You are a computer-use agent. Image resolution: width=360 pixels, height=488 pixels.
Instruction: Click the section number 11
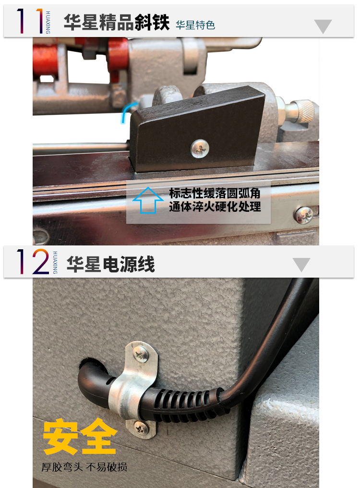click(x=30, y=21)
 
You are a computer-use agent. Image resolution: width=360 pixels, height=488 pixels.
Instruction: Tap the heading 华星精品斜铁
click(x=117, y=22)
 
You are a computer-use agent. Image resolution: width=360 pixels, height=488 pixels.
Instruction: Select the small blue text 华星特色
click(x=195, y=25)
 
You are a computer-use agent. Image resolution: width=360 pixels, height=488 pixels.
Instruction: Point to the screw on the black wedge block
click(x=200, y=148)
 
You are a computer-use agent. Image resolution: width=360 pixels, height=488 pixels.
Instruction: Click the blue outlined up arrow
click(x=148, y=200)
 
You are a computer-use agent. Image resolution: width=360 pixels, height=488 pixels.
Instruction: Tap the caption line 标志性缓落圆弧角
click(x=215, y=193)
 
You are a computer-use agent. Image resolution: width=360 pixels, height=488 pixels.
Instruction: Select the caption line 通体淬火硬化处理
click(x=215, y=207)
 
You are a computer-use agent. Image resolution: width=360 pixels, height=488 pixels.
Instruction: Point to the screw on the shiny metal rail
click(x=304, y=215)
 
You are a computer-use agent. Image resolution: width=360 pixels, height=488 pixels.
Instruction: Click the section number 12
click(x=33, y=261)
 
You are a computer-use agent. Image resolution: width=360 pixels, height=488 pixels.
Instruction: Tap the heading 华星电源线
click(x=111, y=264)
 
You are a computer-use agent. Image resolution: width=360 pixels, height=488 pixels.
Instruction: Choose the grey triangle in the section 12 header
click(x=301, y=265)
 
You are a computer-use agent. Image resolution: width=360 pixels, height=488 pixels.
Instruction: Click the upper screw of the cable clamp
click(x=141, y=354)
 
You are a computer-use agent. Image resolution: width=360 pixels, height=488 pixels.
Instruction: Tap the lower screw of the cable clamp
click(x=141, y=429)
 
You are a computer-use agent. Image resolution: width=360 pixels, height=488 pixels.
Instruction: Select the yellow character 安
click(x=60, y=436)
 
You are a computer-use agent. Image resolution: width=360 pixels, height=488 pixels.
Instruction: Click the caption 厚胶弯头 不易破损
click(x=84, y=467)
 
